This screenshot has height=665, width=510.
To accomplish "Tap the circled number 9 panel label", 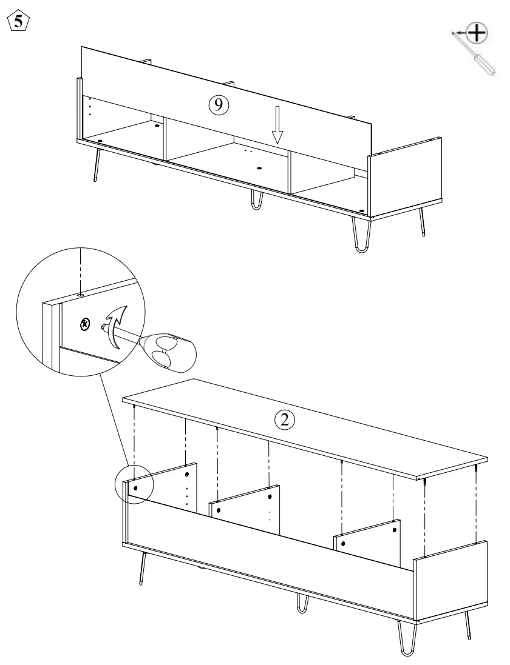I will coord(218,105).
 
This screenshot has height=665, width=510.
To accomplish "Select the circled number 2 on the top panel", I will coord(285,419).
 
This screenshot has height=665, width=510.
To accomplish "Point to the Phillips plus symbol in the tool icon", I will coord(479,33).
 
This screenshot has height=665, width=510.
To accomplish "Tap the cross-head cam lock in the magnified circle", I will coord(84,324).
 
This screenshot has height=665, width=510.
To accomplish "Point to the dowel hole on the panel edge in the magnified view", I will coord(80,293).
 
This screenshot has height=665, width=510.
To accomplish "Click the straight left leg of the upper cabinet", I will coord(96,165).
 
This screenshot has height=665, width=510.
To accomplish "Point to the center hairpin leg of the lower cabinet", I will coord(302,603).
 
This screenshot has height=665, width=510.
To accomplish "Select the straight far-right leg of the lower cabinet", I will coord(469,626).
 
